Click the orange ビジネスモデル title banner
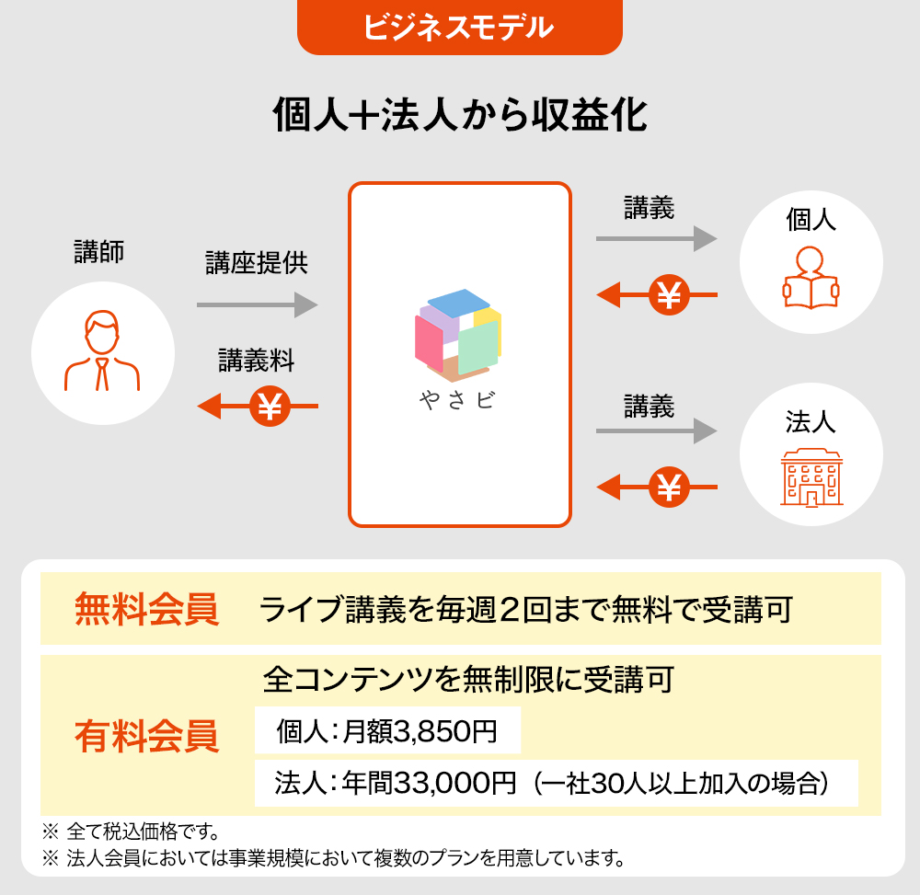[459, 28]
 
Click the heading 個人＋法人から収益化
[460, 117]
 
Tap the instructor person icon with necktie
[102, 352]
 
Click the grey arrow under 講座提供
[257, 304]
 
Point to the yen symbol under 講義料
[270, 406]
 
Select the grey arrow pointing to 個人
[656, 238]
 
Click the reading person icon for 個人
[811, 278]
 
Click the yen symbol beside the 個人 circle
[670, 295]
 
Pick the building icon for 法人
[811, 477]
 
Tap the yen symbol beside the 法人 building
[670, 487]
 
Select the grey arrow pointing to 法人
[656, 430]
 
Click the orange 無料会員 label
[147, 609]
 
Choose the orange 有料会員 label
[147, 736]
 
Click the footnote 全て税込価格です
[143, 834]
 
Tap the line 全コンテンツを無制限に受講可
[468, 680]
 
